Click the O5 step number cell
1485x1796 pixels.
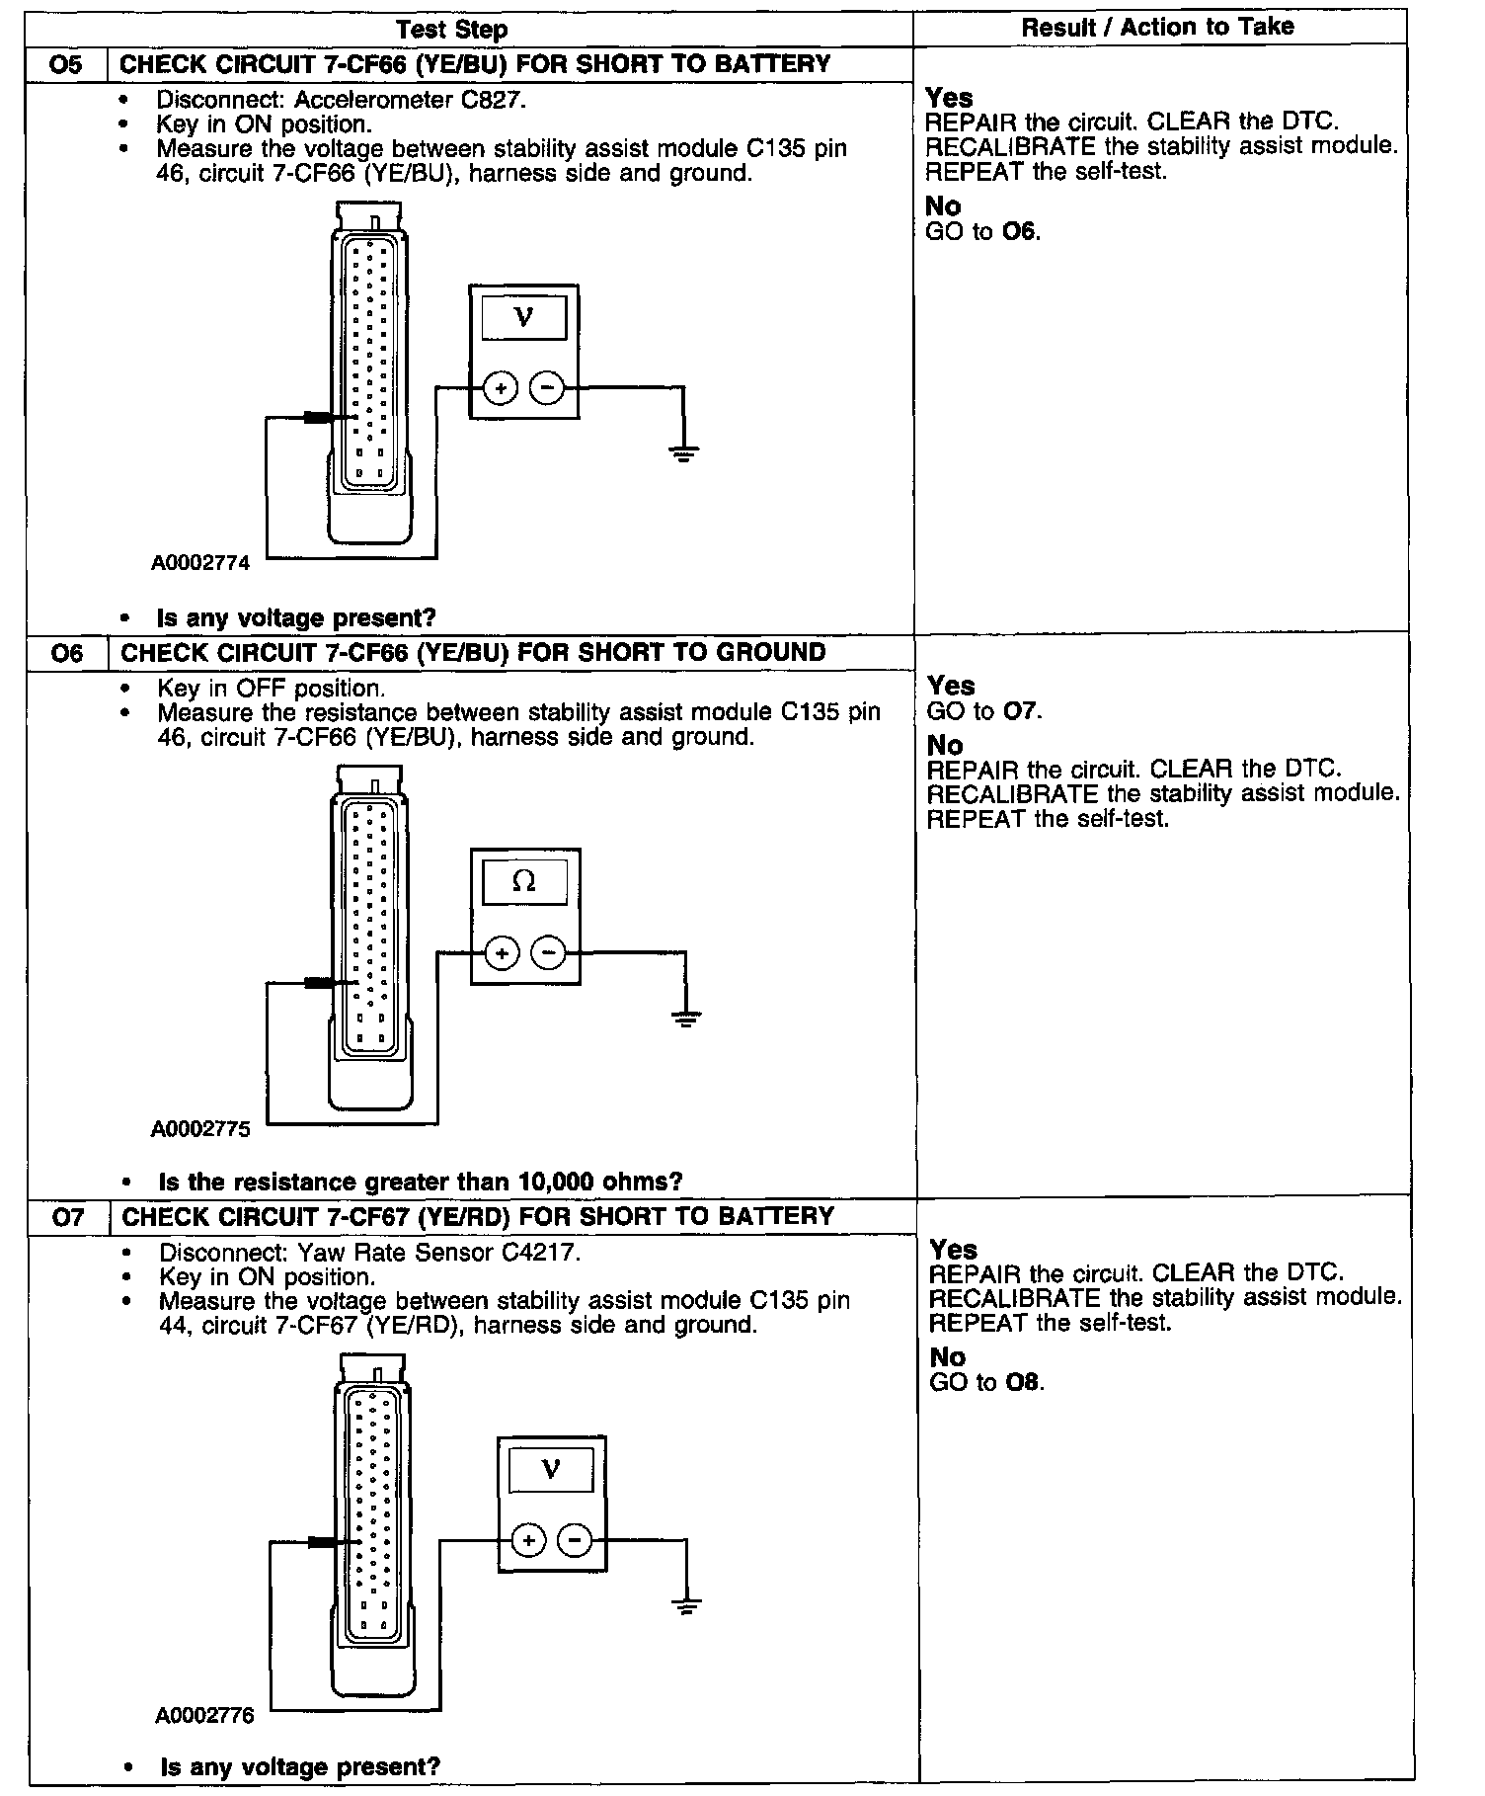click(65, 65)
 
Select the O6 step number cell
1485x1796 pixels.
click(66, 653)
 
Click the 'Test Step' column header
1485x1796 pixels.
click(452, 30)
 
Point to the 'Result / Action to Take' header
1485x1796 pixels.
click(1157, 28)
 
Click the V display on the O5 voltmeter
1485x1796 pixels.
click(523, 318)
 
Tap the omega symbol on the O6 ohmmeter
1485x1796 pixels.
click(524, 881)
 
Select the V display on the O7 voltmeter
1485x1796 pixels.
click(551, 1470)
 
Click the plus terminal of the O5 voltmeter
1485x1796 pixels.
click(501, 388)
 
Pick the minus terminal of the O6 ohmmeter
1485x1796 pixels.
click(549, 952)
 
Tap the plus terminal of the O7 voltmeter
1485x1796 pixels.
click(528, 1540)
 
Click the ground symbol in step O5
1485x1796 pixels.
click(683, 454)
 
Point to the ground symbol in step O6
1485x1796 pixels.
click(685, 1019)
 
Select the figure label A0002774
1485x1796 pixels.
click(200, 564)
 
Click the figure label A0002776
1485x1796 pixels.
click(204, 1715)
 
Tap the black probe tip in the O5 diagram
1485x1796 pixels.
click(318, 418)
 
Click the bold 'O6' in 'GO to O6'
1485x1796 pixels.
click(1020, 232)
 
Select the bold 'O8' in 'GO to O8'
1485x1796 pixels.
click(1023, 1382)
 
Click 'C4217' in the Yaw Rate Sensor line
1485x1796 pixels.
click(541, 1253)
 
